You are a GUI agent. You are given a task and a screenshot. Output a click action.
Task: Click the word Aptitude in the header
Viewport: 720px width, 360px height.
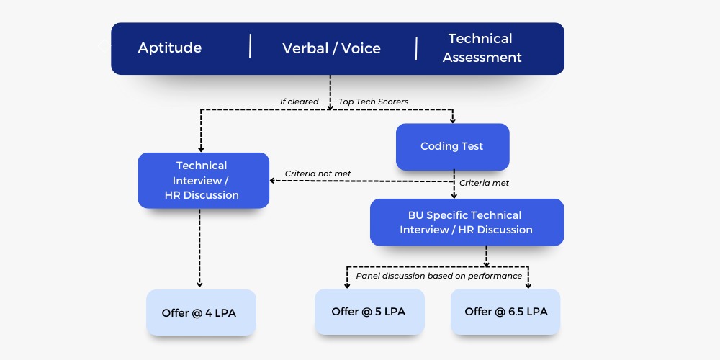tap(169, 48)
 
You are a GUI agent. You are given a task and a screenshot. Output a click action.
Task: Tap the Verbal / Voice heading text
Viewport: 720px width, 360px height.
tap(331, 48)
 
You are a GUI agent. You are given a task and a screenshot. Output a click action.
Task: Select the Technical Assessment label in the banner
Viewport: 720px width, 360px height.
tap(482, 48)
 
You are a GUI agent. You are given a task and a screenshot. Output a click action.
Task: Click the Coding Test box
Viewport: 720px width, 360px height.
tap(452, 146)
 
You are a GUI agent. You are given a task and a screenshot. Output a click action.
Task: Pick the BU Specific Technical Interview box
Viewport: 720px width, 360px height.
tap(467, 222)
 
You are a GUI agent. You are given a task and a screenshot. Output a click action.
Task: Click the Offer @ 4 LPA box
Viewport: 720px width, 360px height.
tap(201, 312)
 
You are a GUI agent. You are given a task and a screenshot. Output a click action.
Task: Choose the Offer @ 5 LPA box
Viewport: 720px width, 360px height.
tap(369, 312)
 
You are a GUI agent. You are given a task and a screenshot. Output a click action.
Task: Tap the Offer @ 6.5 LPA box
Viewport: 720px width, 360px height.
tap(505, 312)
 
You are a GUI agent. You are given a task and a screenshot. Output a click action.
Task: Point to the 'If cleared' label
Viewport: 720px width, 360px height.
tap(300, 102)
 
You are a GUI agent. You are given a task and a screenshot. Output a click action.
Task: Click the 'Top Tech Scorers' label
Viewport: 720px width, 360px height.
tap(373, 102)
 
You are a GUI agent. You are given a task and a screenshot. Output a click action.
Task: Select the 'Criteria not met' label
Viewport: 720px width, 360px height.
tap(318, 174)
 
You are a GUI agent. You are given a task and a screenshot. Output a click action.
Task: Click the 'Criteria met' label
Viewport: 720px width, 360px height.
tap(484, 183)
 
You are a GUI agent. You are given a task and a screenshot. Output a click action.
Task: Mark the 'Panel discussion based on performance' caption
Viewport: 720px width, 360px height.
tap(439, 276)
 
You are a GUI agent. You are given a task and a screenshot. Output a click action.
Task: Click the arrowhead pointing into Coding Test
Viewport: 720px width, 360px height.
tap(453, 120)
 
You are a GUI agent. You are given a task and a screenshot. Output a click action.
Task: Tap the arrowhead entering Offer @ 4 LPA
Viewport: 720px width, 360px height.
tap(199, 284)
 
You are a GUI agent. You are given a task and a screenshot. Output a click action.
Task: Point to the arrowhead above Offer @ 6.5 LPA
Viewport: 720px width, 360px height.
tap(528, 285)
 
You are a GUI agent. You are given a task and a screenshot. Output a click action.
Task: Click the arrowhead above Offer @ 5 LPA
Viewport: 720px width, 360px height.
tap(347, 285)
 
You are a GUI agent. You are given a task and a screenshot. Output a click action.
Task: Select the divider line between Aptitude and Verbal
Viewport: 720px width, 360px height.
tap(251, 45)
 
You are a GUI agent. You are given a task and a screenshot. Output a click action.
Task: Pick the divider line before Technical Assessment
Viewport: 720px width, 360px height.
tap(416, 49)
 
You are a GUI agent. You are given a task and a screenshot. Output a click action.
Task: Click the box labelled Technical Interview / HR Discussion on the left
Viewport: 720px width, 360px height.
tap(204, 181)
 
